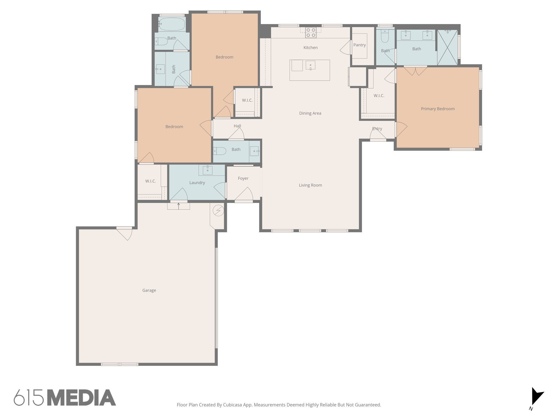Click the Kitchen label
coord(310,48)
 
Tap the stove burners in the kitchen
coord(311,32)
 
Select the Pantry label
coord(359,45)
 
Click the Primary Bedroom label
coord(438,109)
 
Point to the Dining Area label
coord(310,113)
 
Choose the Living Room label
coord(310,185)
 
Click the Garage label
coord(149,291)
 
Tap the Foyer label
coord(243,178)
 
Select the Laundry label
coord(197,183)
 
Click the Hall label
coord(237,126)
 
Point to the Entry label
coord(377,129)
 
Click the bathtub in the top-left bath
coord(172,24)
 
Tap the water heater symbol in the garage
coord(218,211)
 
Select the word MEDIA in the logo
coord(81,398)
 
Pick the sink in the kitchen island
coord(310,65)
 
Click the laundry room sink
coord(208,170)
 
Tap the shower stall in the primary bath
coord(447,47)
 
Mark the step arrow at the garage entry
coord(178,206)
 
